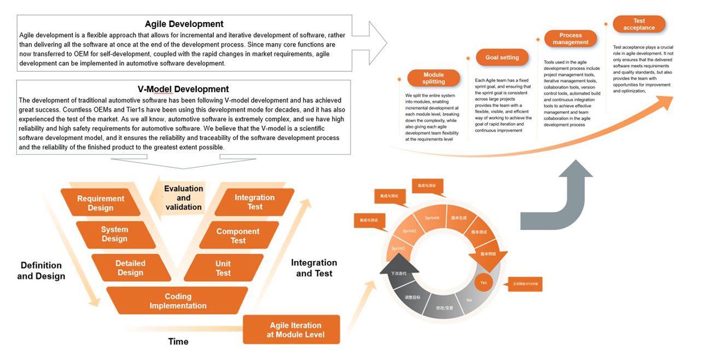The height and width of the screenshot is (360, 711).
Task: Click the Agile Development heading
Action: [x=184, y=24]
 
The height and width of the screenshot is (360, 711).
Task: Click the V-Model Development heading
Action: [x=183, y=89]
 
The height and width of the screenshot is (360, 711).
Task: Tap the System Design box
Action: [x=114, y=234]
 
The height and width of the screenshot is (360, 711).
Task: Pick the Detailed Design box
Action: [x=130, y=268]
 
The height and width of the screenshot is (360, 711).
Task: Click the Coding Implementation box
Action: [x=178, y=301]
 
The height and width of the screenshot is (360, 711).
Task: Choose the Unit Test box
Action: [x=223, y=268]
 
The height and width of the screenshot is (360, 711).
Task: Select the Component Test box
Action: [x=238, y=235]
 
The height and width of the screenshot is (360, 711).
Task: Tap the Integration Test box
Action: [x=254, y=202]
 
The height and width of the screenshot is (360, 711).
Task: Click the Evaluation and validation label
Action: [x=183, y=198]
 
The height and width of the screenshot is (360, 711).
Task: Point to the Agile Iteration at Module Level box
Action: [x=295, y=329]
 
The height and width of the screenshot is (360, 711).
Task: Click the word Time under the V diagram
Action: [x=178, y=341]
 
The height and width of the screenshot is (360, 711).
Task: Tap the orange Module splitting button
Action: [x=434, y=78]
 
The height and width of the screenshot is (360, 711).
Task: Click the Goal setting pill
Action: [x=502, y=57]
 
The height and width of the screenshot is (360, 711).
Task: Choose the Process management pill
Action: [x=570, y=39]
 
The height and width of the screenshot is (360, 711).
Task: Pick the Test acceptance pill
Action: [x=639, y=24]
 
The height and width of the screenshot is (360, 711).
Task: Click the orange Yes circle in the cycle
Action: [x=483, y=283]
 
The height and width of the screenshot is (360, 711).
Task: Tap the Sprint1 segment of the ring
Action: [x=398, y=248]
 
